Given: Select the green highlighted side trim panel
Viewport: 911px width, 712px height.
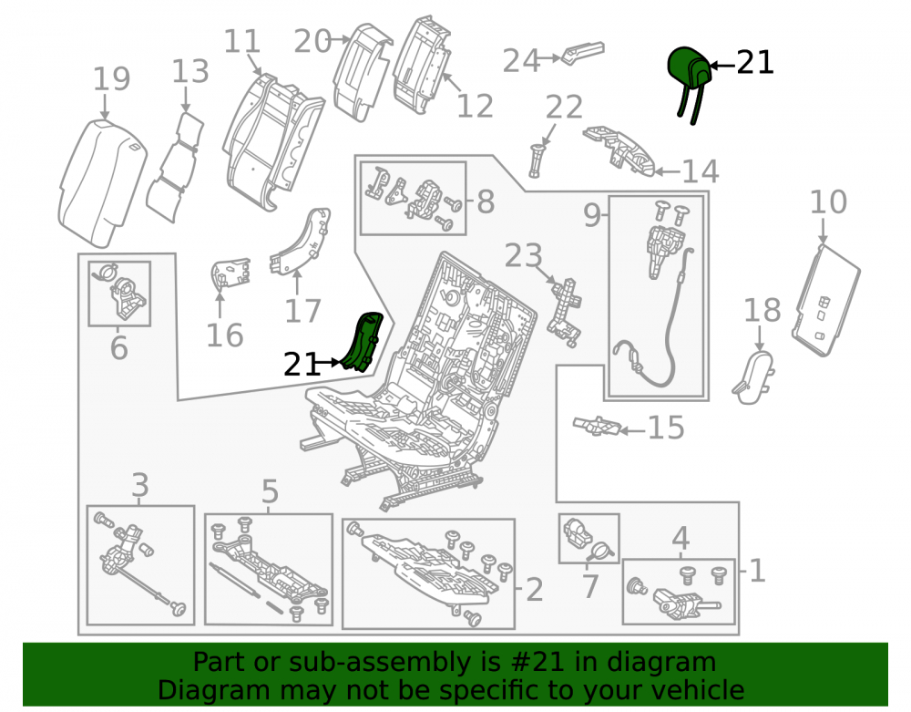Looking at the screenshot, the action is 363,341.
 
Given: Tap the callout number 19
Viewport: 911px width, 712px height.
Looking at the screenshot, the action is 111,79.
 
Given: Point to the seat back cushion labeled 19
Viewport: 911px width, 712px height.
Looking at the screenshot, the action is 102,182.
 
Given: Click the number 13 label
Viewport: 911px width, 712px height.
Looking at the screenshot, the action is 190,71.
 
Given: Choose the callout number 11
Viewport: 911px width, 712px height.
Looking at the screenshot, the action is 241,42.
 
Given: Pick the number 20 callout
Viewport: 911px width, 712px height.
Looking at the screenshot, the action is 312,42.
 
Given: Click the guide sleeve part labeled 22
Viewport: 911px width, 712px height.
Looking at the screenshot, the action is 537,161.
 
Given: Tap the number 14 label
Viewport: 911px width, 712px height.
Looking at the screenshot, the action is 700,171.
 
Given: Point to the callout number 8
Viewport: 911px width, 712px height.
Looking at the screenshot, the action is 486,202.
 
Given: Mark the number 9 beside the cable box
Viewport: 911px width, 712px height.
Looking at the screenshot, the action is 591,216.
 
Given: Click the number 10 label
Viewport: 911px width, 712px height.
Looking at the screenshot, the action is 828,202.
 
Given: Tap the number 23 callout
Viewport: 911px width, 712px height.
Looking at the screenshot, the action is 524,256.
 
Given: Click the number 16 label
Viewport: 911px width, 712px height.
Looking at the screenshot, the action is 224,335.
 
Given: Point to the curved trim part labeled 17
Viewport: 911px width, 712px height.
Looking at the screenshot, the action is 301,240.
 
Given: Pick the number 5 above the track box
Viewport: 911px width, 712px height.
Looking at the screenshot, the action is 270,491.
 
